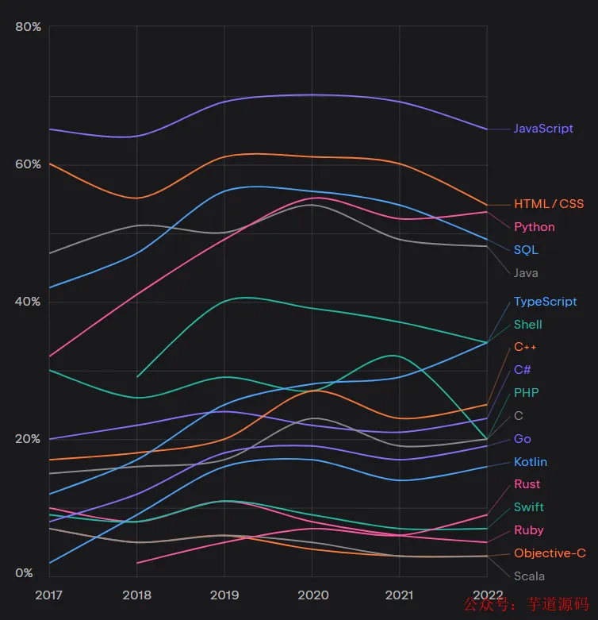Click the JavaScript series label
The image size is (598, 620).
[543, 129]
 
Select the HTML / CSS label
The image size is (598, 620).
[549, 204]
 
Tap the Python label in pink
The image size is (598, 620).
[535, 227]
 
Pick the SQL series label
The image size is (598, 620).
[526, 250]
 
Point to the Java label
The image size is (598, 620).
[526, 273]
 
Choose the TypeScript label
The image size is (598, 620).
[546, 302]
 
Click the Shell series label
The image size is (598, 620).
[528, 325]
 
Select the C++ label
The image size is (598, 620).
[526, 347]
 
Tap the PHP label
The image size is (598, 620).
[527, 393]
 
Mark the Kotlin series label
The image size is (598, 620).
[531, 462]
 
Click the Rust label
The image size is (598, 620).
[527, 484]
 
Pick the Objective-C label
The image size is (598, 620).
[550, 553]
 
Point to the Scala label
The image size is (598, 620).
[529, 576]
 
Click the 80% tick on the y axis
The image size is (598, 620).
[28, 27]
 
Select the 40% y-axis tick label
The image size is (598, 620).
[28, 302]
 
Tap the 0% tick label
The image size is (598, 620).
[25, 573]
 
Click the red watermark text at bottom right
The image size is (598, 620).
[526, 604]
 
